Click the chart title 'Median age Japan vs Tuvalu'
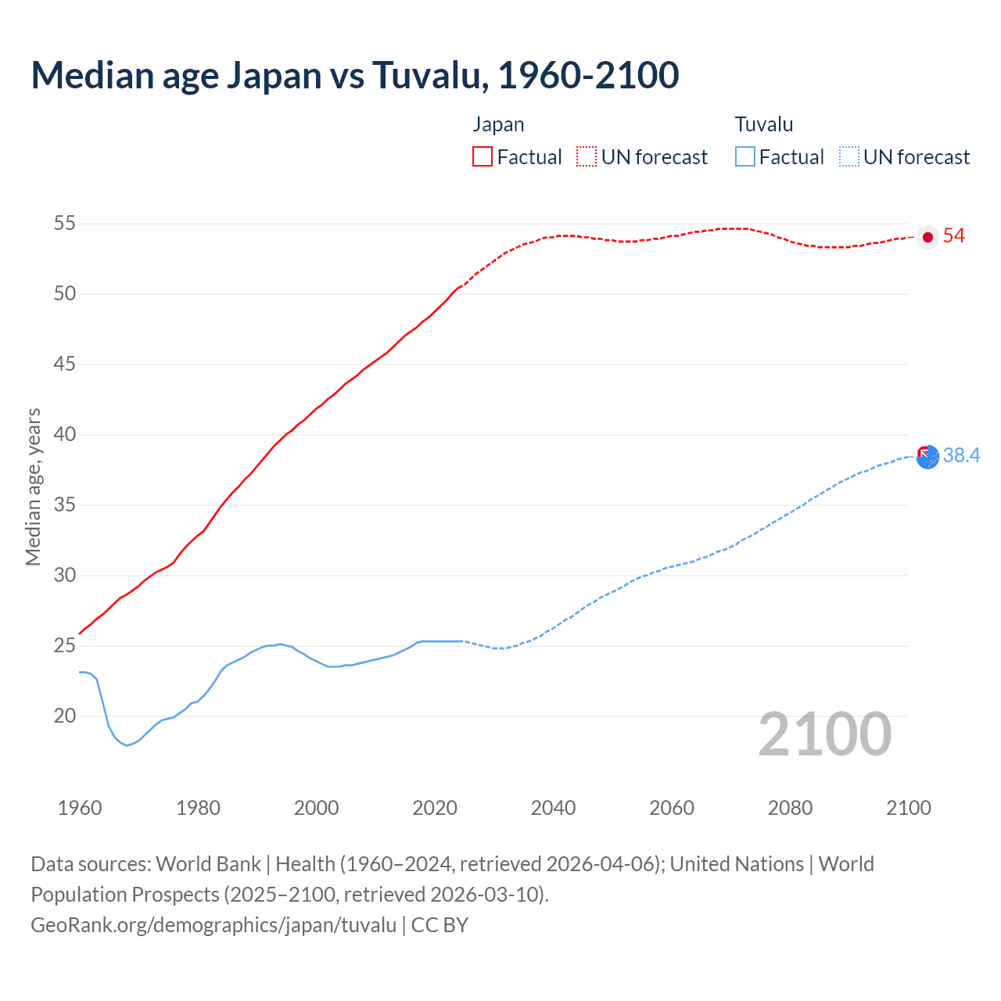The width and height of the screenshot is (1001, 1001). [x=354, y=76]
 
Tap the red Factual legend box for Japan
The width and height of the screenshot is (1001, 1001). [x=483, y=156]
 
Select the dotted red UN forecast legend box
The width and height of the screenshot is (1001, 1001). [x=587, y=156]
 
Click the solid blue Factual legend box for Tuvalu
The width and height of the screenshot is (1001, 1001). [x=745, y=156]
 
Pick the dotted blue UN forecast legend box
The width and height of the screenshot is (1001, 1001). [x=849, y=156]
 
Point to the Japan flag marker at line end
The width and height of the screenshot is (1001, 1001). [x=927, y=237]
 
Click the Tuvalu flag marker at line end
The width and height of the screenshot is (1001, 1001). [x=927, y=456]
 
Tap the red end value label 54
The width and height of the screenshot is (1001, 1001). [x=954, y=236]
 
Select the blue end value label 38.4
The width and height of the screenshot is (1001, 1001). [x=961, y=456]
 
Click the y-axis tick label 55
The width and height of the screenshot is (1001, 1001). [x=65, y=224]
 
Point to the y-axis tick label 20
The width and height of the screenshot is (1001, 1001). [x=65, y=716]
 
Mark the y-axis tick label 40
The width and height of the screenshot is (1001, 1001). [x=65, y=435]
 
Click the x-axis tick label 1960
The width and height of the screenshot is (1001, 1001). [x=80, y=808]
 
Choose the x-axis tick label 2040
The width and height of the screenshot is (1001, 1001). [x=553, y=808]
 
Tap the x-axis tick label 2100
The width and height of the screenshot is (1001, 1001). [x=909, y=808]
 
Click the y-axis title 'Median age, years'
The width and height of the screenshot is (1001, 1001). [x=33, y=486]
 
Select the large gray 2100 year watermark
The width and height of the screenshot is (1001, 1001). [x=825, y=734]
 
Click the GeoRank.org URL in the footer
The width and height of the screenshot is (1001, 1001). [x=213, y=925]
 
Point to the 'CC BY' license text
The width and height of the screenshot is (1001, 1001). [x=440, y=925]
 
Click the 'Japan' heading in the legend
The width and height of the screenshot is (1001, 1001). [x=498, y=124]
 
